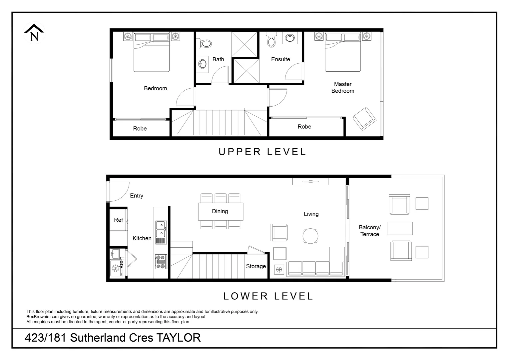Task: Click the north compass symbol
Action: [34, 34]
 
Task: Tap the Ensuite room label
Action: [280, 59]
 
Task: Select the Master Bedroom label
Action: [343, 88]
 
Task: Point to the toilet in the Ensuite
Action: [271, 41]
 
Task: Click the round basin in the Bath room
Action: [202, 64]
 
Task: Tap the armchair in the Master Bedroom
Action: [364, 119]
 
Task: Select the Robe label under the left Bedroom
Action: [140, 129]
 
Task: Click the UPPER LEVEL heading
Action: [262, 152]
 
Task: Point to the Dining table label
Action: [220, 211]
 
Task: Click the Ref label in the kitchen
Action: [119, 220]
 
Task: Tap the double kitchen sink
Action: [161, 228]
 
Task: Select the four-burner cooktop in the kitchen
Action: [161, 262]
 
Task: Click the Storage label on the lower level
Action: [256, 266]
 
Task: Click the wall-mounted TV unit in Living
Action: [310, 182]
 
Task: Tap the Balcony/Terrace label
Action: [369, 231]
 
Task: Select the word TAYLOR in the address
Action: [179, 338]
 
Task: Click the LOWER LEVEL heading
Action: [268, 296]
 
